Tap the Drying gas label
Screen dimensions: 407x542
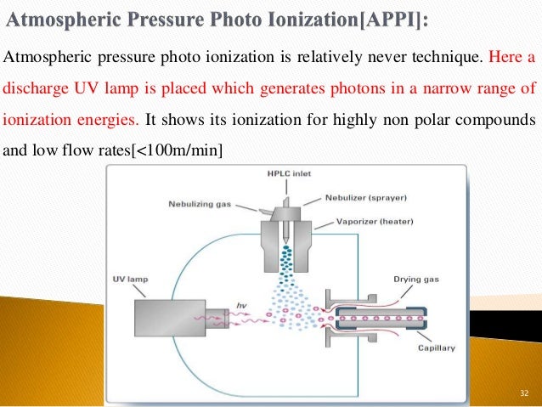click(x=415, y=278)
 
